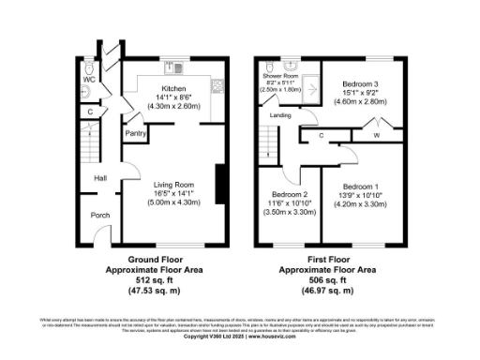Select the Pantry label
(x=134, y=133)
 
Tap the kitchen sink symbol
(x=171, y=67)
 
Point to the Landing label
(x=280, y=115)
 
